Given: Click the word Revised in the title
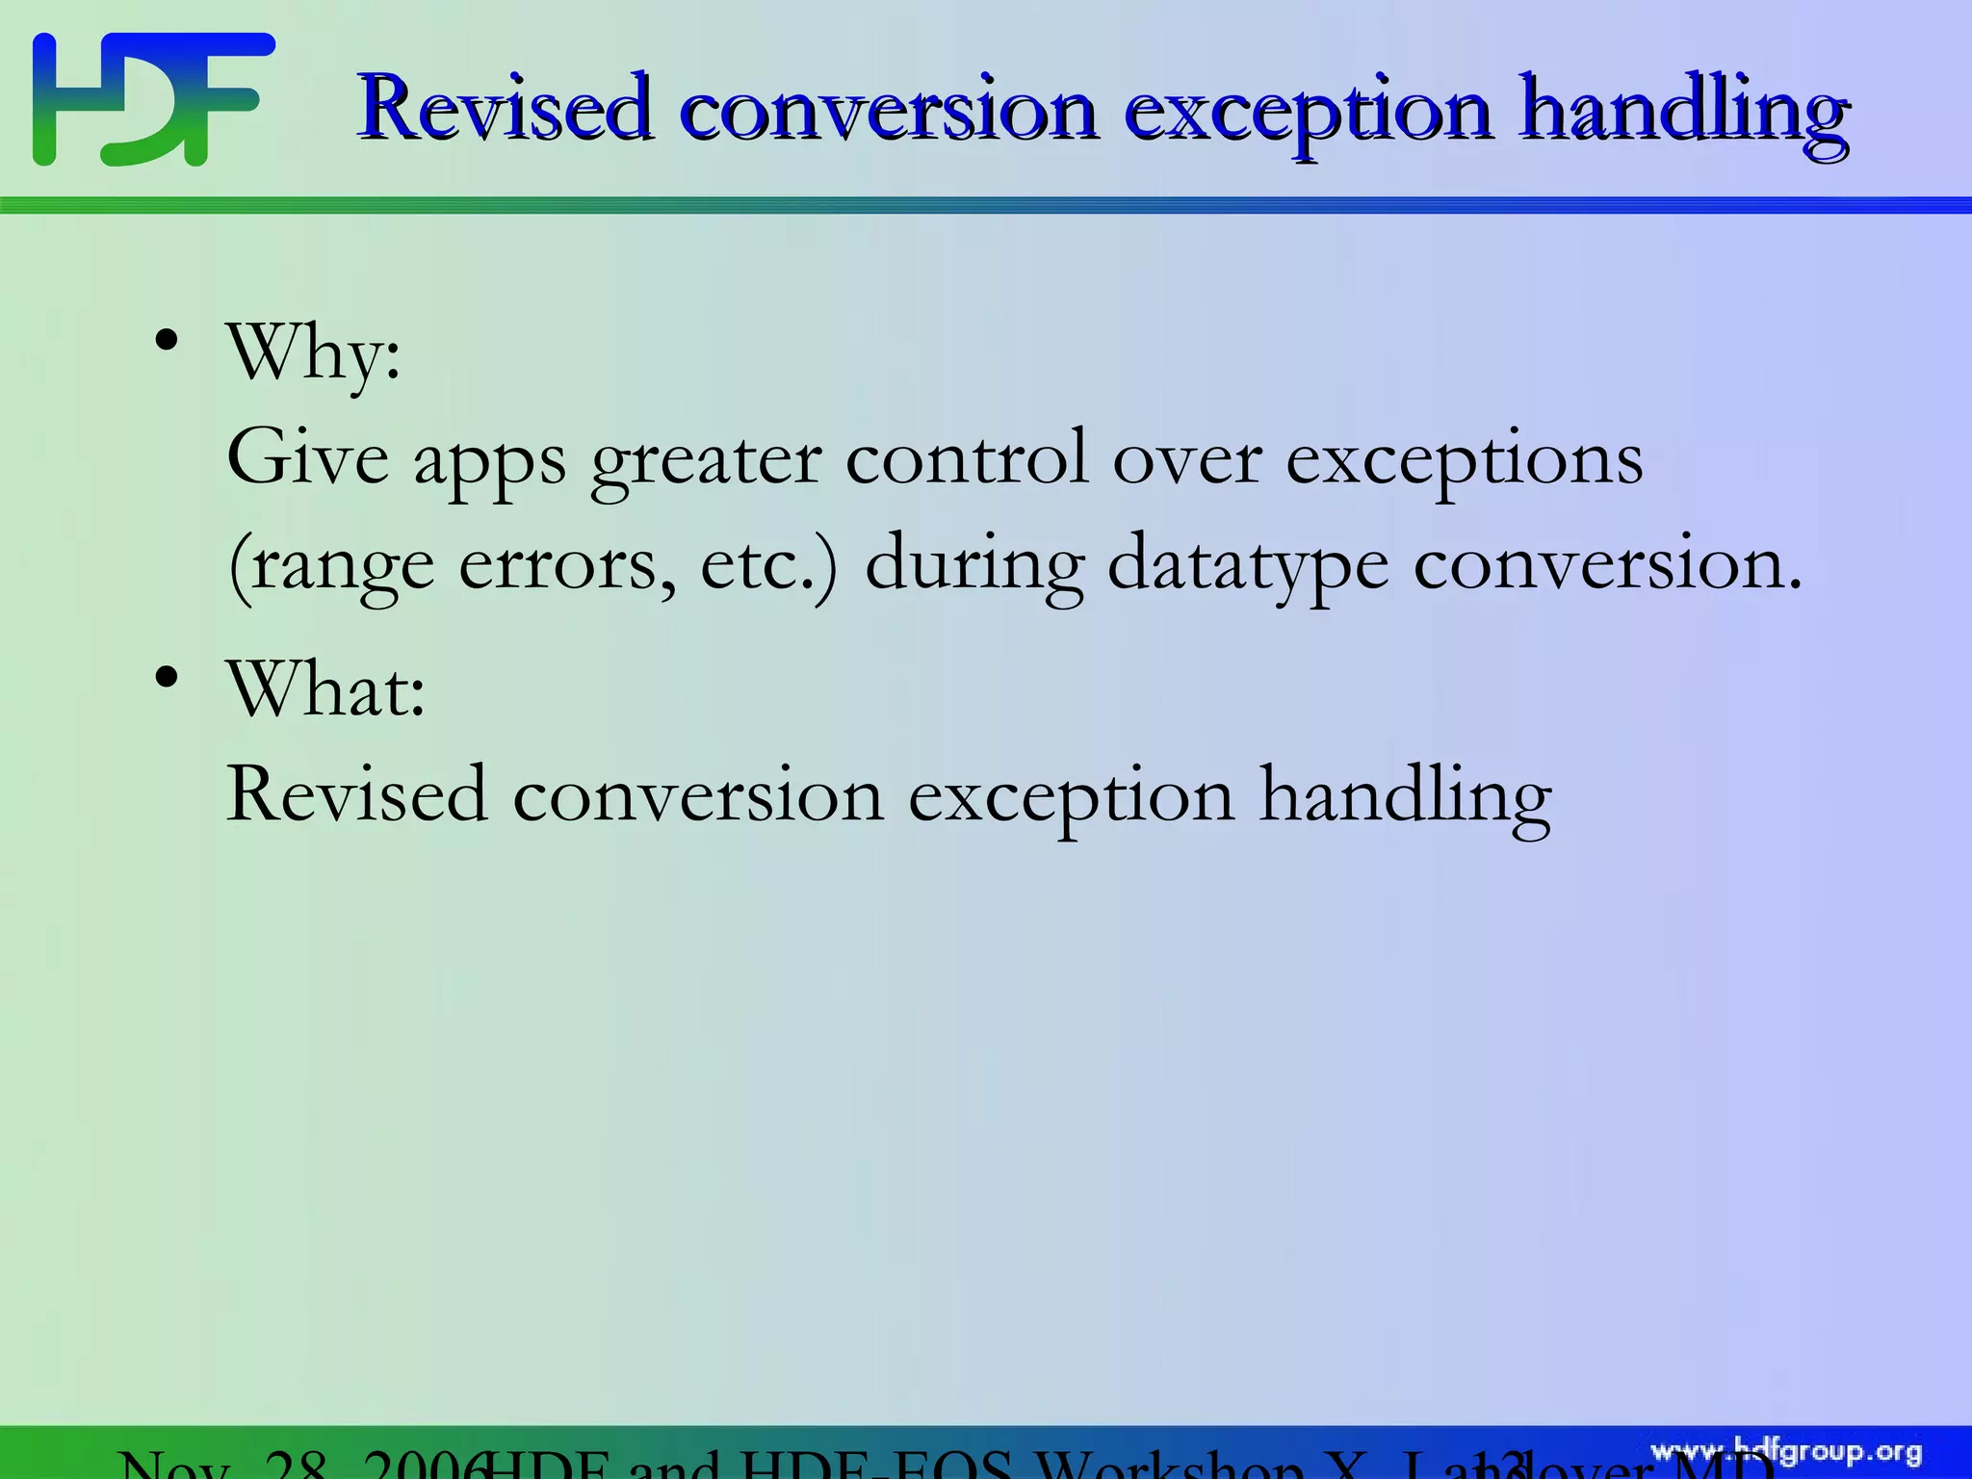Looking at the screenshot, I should [x=504, y=108].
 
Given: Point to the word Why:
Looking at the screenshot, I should [x=313, y=354].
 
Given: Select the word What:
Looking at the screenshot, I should [x=325, y=689].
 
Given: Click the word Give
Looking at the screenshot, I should [x=307, y=458].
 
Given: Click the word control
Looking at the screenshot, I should [x=966, y=458].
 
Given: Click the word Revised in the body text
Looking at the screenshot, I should [x=356, y=795].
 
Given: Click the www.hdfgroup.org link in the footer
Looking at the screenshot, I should [x=1786, y=1451].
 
